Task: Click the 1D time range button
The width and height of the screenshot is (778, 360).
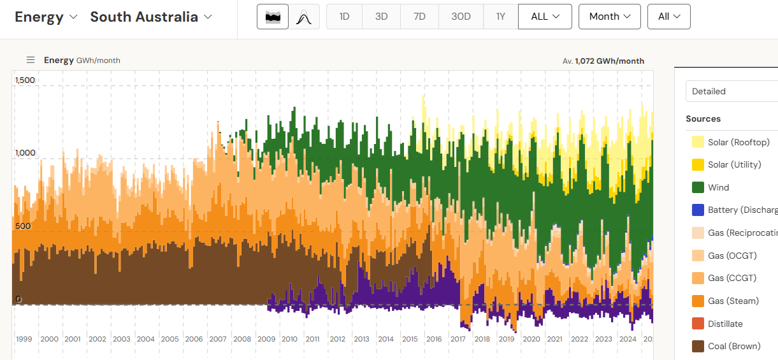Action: pyautogui.click(x=344, y=17)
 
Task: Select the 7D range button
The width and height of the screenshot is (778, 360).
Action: pyautogui.click(x=419, y=17)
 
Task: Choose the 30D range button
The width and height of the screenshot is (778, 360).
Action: pyautogui.click(x=461, y=17)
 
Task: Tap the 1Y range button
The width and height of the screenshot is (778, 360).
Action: pyautogui.click(x=500, y=17)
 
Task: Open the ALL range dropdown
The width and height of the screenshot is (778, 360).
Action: pyautogui.click(x=545, y=17)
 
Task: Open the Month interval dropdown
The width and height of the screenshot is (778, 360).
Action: pyautogui.click(x=609, y=17)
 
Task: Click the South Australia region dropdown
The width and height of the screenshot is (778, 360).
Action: pyautogui.click(x=151, y=17)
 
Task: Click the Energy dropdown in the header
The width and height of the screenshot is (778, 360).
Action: pyautogui.click(x=46, y=17)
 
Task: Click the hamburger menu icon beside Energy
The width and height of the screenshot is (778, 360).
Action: pyautogui.click(x=30, y=60)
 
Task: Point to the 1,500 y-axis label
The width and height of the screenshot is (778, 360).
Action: pyautogui.click(x=25, y=80)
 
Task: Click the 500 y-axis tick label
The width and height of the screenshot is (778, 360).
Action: pyautogui.click(x=23, y=226)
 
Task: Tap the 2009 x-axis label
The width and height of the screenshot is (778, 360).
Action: pyautogui.click(x=266, y=339)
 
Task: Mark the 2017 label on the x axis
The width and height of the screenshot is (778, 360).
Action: pyautogui.click(x=457, y=339)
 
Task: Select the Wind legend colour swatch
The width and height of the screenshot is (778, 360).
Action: pyautogui.click(x=698, y=187)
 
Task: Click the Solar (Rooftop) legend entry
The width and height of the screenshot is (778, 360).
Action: pyautogui.click(x=738, y=142)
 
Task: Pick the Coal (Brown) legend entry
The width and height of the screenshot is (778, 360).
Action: pyautogui.click(x=734, y=347)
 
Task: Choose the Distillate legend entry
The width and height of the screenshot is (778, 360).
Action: pyautogui.click(x=725, y=324)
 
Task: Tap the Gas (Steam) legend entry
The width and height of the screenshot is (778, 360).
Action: pyautogui.click(x=733, y=301)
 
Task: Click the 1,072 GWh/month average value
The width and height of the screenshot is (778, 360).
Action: pyautogui.click(x=609, y=61)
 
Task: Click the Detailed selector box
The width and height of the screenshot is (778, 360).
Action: pyautogui.click(x=731, y=91)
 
